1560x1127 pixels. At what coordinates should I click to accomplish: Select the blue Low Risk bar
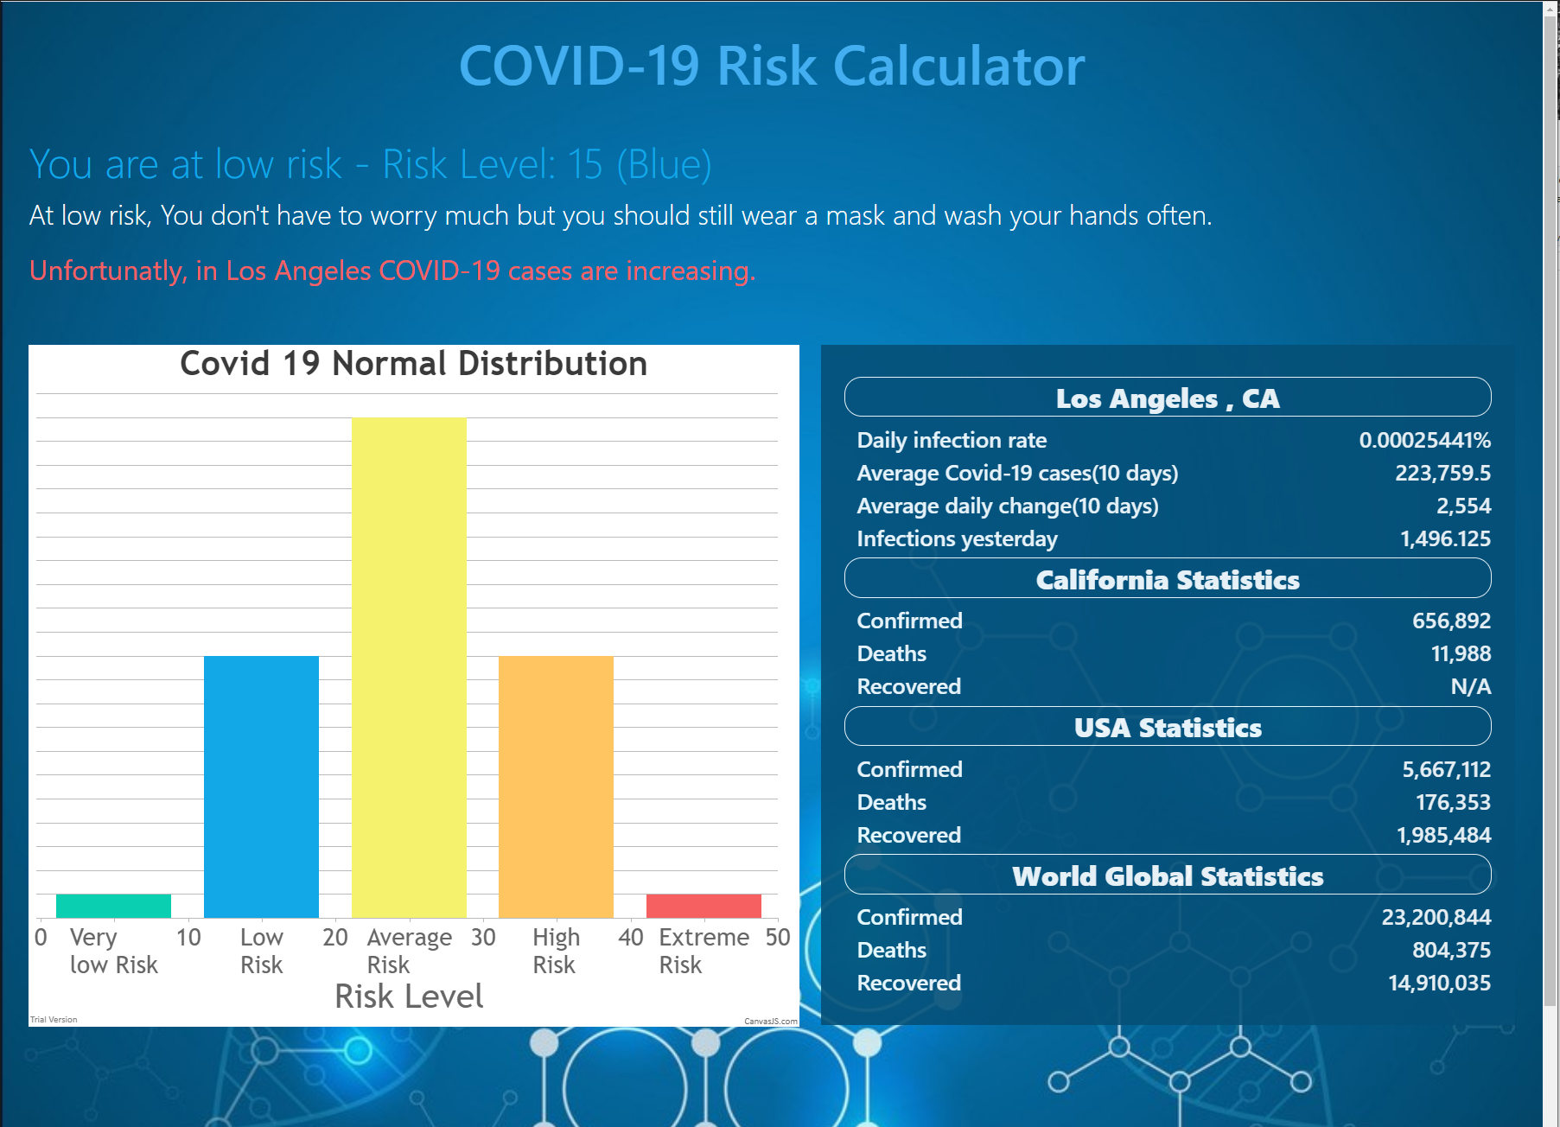point(261,786)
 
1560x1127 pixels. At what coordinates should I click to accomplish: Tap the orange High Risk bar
point(556,786)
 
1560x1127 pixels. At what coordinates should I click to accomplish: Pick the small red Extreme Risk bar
point(704,906)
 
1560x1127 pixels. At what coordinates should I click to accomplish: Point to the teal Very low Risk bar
point(113,906)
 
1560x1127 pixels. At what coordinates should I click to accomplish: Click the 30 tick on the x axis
point(483,937)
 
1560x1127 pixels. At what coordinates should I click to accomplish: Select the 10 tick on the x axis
point(188,937)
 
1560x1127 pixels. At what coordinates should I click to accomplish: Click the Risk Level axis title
point(409,996)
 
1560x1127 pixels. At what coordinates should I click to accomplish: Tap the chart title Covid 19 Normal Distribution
point(413,364)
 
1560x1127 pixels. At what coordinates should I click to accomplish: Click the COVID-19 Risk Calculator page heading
point(771,67)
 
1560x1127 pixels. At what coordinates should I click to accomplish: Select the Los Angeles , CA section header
point(1167,398)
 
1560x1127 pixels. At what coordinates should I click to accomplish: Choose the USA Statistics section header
point(1167,727)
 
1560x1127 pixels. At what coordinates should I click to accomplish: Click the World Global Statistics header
point(1167,875)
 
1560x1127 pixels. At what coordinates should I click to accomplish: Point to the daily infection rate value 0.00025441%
point(1424,440)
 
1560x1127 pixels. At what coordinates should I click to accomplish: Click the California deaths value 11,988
point(1461,653)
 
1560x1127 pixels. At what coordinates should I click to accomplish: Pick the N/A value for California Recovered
point(1470,686)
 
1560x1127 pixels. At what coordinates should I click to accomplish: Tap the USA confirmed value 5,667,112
point(1446,769)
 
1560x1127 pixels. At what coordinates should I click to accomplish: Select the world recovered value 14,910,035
point(1439,983)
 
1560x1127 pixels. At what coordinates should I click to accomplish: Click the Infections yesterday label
point(957,538)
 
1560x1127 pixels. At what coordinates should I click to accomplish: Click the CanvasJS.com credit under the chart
point(771,1021)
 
